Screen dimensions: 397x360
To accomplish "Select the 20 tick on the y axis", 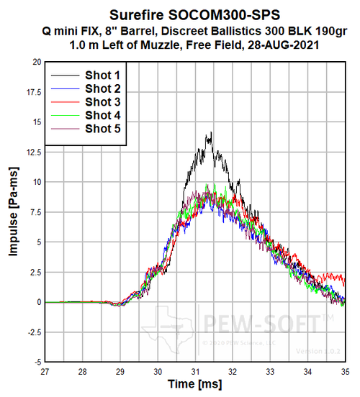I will point(35,62).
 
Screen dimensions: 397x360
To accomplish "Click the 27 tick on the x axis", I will point(45,372).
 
